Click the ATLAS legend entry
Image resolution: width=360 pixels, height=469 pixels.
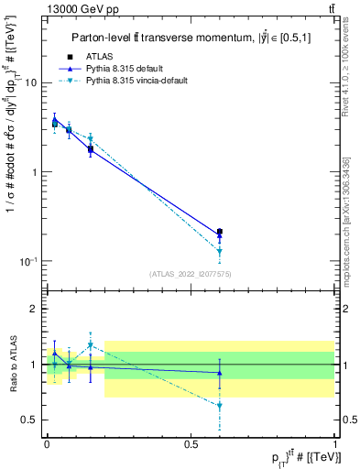100,57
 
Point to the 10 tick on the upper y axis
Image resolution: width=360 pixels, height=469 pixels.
30,83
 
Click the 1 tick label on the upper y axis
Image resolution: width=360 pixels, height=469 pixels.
33,172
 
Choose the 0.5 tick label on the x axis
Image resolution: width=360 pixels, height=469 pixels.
191,443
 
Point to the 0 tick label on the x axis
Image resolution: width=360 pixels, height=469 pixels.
47,443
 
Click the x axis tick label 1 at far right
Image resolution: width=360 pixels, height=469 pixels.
335,443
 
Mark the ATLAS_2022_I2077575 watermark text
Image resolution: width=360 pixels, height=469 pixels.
191,274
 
